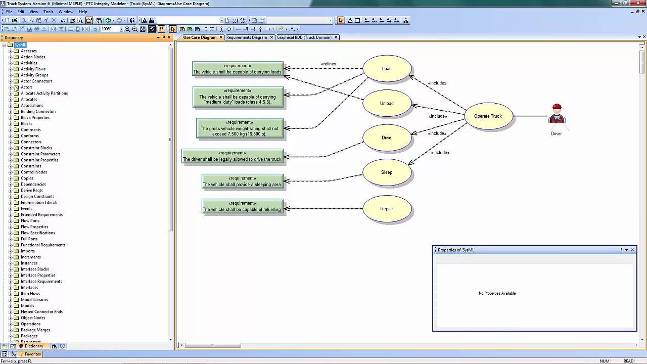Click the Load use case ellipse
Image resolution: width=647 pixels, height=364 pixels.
click(387, 69)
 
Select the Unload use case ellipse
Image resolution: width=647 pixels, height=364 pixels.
click(387, 103)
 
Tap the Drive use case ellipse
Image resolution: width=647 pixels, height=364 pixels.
click(387, 138)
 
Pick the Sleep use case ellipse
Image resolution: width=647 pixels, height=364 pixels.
click(387, 172)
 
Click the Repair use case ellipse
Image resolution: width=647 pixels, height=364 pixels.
click(387, 209)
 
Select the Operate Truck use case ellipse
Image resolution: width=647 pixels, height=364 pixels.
click(488, 116)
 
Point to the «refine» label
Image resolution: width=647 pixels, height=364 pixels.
click(329, 64)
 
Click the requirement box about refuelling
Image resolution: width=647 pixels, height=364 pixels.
click(242, 206)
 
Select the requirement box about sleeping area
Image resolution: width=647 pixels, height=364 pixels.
click(242, 181)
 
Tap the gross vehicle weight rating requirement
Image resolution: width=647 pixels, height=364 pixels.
click(240, 128)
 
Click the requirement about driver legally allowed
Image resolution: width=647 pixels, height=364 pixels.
click(233, 156)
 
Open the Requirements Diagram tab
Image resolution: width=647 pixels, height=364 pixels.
click(247, 37)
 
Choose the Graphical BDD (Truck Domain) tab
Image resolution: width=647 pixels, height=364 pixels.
click(304, 37)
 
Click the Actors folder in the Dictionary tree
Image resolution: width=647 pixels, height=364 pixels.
click(26, 87)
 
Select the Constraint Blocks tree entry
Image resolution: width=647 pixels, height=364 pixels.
click(36, 148)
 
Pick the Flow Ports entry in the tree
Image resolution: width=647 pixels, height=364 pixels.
click(30, 221)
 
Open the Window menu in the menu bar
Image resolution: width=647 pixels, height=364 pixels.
click(66, 12)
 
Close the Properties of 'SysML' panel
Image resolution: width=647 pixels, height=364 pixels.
click(632, 250)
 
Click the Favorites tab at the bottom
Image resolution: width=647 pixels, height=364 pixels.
click(32, 354)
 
